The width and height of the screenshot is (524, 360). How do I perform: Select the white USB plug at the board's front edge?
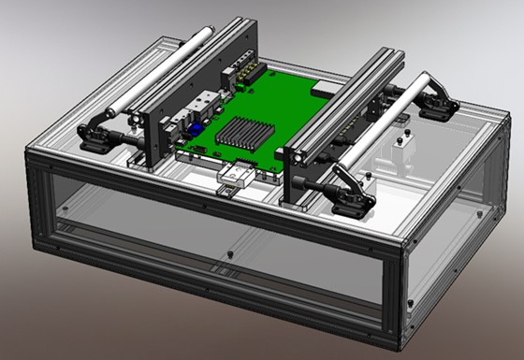234,174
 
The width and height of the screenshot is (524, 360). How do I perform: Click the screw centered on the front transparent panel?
230,252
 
